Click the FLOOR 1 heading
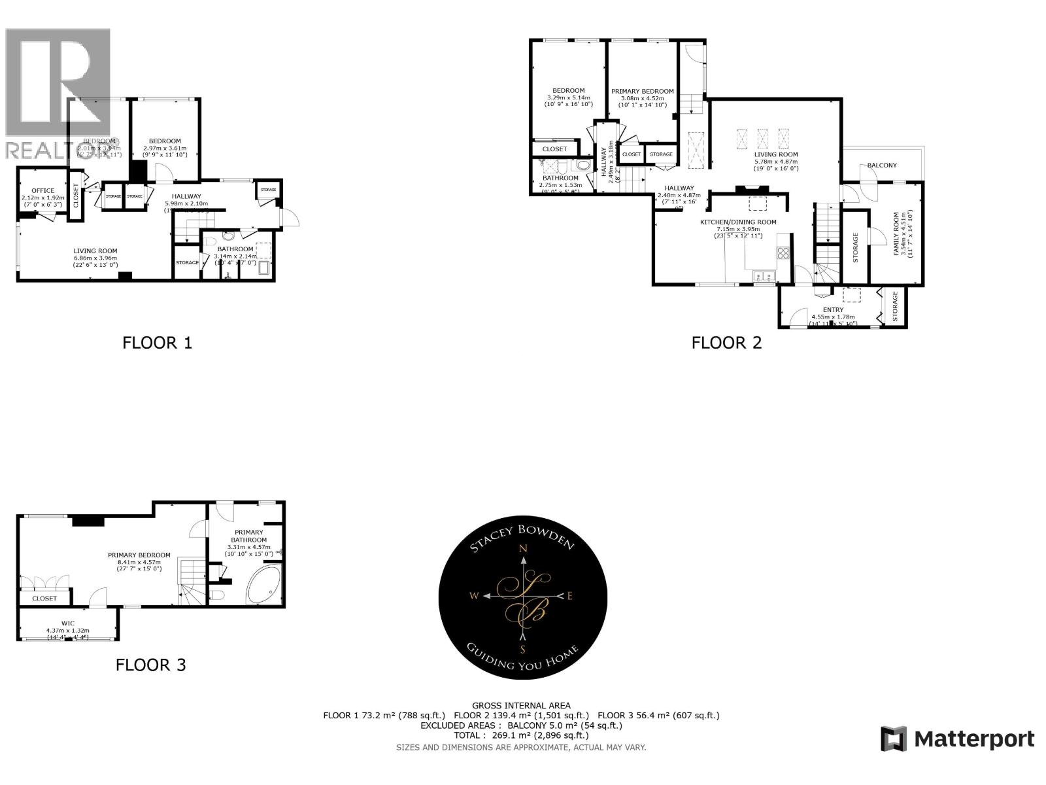click(x=157, y=343)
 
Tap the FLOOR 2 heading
click(x=726, y=343)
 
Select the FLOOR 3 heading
click(x=150, y=665)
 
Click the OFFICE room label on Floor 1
click(x=43, y=191)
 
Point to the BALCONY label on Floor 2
click(x=882, y=166)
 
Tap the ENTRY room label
click(x=833, y=310)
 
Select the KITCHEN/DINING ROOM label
click(x=738, y=222)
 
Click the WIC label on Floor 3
click(x=69, y=623)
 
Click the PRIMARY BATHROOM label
click(x=248, y=536)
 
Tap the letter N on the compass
click(x=523, y=549)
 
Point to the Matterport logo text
click(x=974, y=739)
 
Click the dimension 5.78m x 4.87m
click(x=776, y=162)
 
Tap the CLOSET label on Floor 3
click(x=44, y=599)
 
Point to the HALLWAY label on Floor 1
click(x=186, y=196)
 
